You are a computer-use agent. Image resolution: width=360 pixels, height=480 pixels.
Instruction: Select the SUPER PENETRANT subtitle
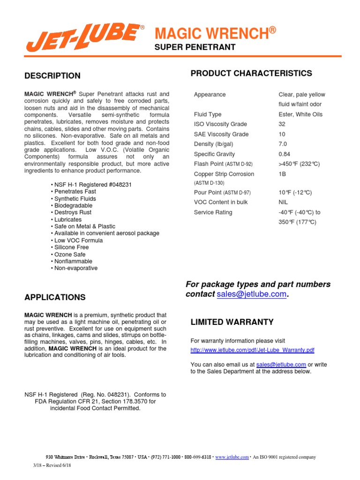[x=195, y=48]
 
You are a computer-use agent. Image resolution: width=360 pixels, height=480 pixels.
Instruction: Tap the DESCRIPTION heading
[x=52, y=76]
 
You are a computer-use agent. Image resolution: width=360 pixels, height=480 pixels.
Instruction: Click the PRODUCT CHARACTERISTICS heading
[x=251, y=73]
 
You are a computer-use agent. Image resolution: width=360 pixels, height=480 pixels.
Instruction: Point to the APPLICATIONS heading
[x=55, y=297]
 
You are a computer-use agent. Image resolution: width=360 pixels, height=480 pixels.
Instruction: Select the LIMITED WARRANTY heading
[x=232, y=322]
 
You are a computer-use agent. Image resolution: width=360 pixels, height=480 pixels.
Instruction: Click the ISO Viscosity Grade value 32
[x=282, y=124]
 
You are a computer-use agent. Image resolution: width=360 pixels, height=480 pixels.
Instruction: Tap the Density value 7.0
[x=283, y=144]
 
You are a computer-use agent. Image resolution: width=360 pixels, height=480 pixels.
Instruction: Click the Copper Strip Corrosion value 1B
[x=282, y=174]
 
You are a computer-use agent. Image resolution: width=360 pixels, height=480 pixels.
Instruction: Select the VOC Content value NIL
[x=283, y=202]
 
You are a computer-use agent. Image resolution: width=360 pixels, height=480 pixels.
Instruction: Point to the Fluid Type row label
[x=208, y=114]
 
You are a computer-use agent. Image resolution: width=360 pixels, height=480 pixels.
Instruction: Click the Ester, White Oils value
[x=300, y=114]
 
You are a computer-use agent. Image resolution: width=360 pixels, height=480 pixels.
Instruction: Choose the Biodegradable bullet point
[x=72, y=205]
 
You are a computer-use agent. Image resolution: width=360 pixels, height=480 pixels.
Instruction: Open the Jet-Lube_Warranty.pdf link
[x=252, y=350]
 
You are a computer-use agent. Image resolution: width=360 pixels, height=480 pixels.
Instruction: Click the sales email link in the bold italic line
[x=251, y=294]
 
